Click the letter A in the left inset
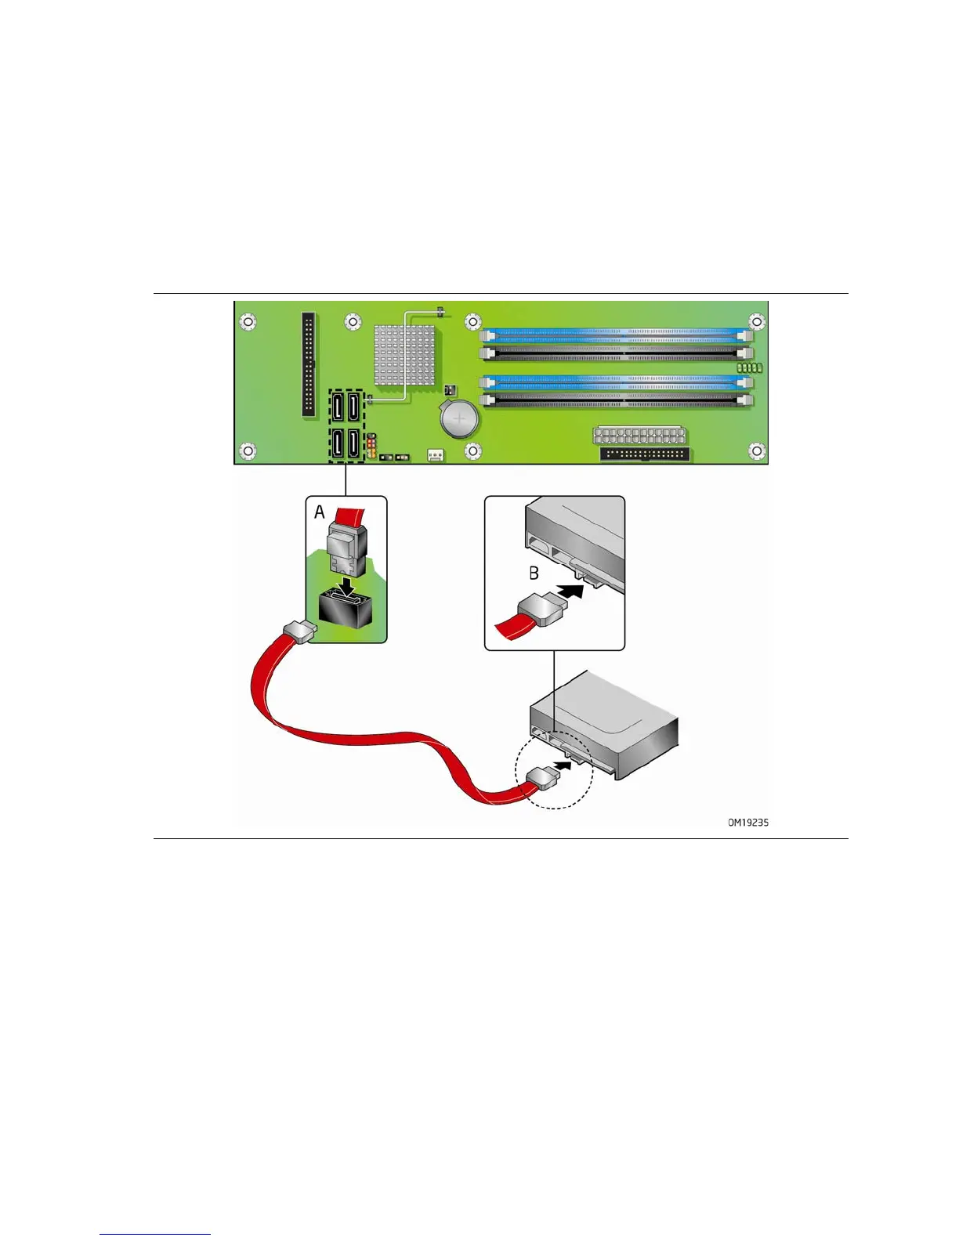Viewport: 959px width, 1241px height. [320, 512]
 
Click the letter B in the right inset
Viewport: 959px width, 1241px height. [534, 573]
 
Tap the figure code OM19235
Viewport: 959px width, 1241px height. [748, 823]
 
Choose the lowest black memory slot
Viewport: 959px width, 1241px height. [616, 400]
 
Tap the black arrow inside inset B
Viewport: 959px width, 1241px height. [574, 592]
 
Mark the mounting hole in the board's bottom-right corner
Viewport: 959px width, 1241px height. [756, 450]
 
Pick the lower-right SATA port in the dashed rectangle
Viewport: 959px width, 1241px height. [353, 444]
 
